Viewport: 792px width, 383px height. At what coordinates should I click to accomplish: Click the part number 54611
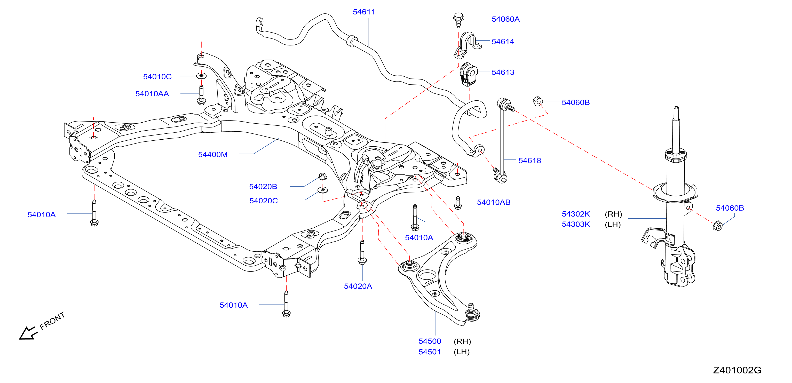(364, 12)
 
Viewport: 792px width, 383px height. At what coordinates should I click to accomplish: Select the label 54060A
(505, 19)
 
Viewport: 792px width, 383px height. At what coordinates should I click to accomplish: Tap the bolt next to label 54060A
(458, 20)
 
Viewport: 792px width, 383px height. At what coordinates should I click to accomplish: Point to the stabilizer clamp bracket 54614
(467, 45)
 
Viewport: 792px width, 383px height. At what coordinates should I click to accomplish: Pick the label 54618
(529, 161)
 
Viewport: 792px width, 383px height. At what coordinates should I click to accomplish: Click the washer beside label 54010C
(201, 76)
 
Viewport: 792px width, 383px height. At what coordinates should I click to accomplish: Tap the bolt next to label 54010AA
(201, 95)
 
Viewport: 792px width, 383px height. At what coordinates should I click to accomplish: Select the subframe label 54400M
(213, 154)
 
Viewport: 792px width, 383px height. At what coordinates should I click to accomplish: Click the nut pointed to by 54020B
(322, 177)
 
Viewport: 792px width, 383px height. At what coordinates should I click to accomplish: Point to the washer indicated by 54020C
(322, 190)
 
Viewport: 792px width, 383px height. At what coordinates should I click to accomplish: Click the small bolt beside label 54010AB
(458, 203)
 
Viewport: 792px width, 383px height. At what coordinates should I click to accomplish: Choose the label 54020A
(358, 286)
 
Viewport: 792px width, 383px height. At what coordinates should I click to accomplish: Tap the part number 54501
(430, 352)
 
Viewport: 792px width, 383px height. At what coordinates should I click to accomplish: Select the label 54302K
(576, 214)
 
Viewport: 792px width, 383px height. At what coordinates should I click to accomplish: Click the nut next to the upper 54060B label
(537, 101)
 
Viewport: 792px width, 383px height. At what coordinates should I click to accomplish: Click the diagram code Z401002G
(737, 370)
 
